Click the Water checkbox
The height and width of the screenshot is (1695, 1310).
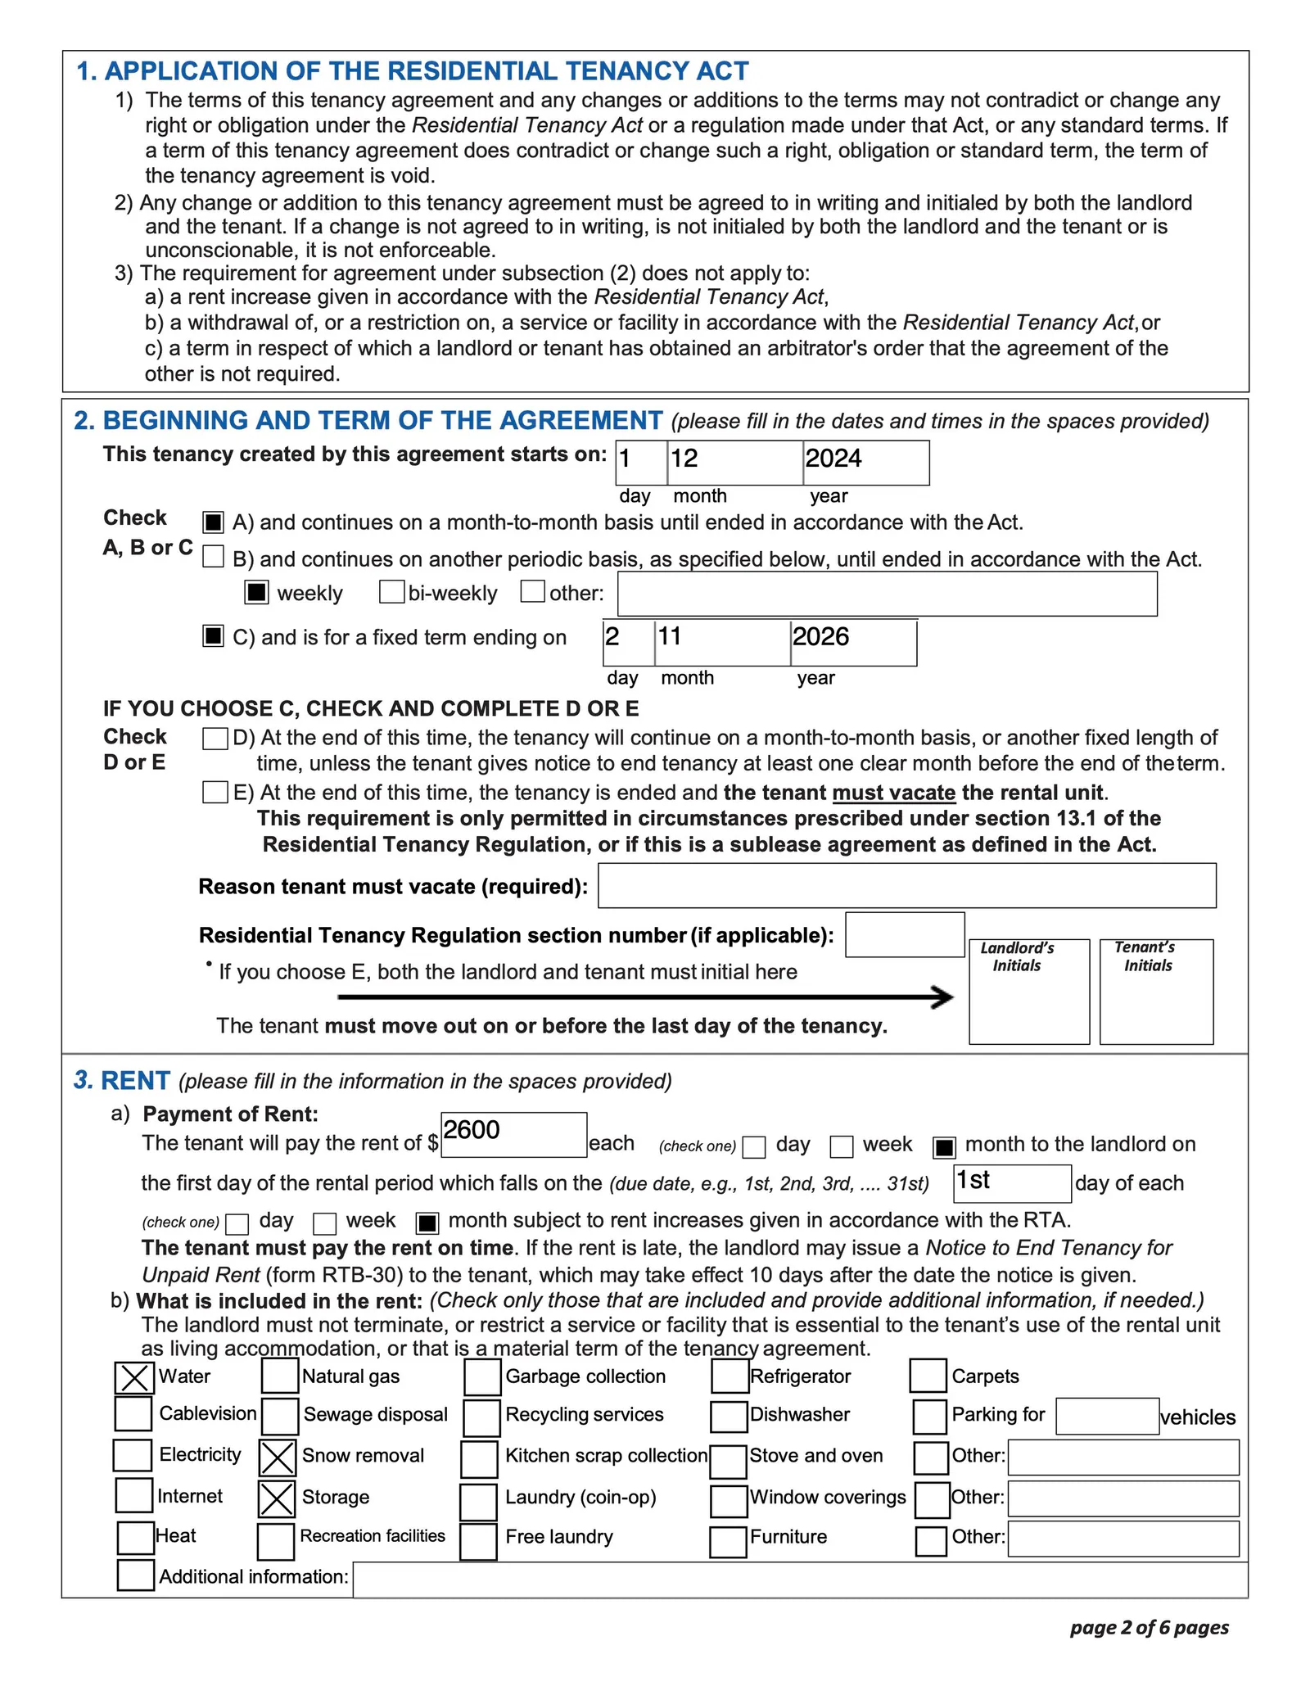133,1377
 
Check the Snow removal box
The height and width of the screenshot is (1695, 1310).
278,1458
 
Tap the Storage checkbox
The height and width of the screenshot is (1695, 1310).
277,1498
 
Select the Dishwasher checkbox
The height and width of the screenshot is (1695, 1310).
729,1416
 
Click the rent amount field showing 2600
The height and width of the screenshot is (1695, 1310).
513,1134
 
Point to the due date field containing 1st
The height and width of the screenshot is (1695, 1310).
1012,1183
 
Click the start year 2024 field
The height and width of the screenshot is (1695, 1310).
865,463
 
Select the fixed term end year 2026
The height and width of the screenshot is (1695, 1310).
853,642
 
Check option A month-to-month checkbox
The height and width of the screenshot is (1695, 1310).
214,522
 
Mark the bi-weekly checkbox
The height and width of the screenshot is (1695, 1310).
391,592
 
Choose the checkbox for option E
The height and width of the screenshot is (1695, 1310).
215,792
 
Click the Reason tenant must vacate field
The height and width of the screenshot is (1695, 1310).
906,885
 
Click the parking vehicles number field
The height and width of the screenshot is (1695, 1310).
1107,1416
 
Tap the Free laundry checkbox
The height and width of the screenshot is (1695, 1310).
478,1541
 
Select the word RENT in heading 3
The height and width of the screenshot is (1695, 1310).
135,1081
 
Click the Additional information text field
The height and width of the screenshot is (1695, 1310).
799,1580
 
